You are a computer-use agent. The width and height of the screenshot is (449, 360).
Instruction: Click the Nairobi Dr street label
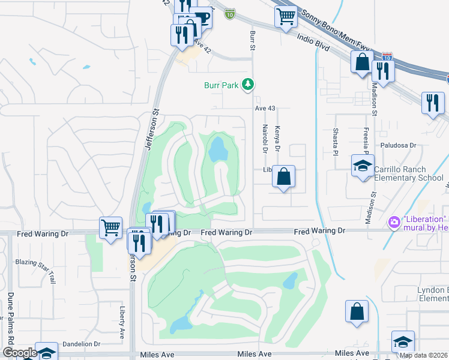coord(265,139)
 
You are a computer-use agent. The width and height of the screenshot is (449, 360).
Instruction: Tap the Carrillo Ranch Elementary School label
coord(409,173)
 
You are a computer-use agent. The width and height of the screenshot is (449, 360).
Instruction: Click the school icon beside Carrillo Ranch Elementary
coord(363,166)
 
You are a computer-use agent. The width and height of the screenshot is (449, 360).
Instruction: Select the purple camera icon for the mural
coord(394,222)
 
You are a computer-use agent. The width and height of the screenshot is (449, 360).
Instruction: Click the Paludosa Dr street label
coord(398,145)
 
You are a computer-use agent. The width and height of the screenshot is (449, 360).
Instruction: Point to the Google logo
coord(19,353)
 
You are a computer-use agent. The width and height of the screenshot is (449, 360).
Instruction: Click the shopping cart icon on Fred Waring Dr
coord(111,228)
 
